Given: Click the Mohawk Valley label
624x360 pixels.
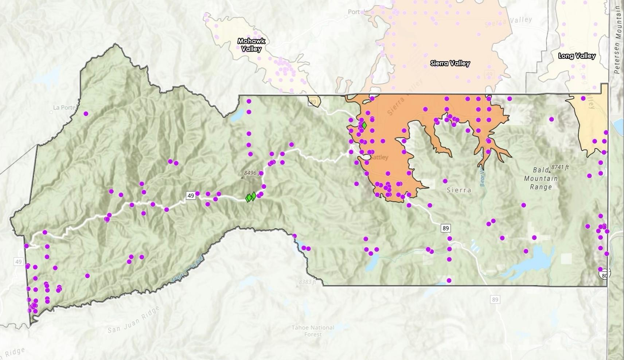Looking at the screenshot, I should [x=251, y=45].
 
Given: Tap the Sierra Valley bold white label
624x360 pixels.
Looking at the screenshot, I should [x=450, y=63].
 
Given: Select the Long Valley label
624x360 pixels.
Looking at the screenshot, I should [x=577, y=56].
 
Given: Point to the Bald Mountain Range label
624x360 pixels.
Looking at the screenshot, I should [x=541, y=178].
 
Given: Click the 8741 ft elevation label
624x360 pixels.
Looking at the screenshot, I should [x=560, y=167].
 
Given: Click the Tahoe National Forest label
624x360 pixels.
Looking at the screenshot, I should [x=313, y=331].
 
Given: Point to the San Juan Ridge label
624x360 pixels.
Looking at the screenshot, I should [x=133, y=320].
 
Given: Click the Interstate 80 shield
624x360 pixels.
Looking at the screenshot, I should [x=604, y=274].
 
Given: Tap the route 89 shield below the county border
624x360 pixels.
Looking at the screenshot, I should [x=495, y=300].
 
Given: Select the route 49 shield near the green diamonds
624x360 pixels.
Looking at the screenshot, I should [x=191, y=196].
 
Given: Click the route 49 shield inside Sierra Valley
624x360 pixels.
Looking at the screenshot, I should [x=489, y=74].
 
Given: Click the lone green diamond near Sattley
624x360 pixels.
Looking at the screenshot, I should [x=364, y=125].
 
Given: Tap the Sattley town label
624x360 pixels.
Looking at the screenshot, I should [x=379, y=157].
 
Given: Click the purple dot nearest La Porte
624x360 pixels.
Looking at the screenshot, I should [x=86, y=114].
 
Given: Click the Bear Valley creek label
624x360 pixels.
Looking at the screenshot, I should [x=482, y=177].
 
